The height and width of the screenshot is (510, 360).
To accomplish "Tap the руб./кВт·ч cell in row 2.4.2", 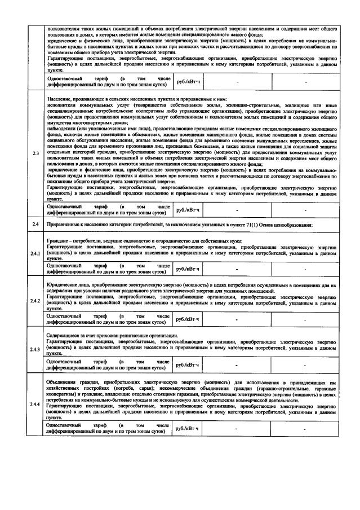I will (188, 319).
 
